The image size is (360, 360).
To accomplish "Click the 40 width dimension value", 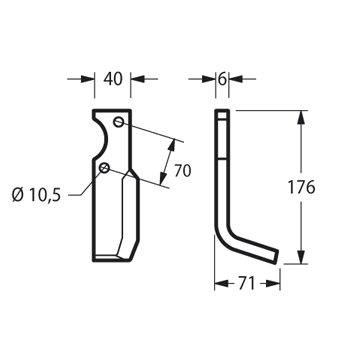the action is (113, 79).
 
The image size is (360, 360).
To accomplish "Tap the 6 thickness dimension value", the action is (222, 79).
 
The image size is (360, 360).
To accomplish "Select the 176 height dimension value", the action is (301, 187).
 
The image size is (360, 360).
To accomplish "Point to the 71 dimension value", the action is (247, 284).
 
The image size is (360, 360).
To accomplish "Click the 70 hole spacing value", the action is (183, 171).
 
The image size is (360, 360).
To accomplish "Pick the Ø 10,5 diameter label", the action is (37, 195).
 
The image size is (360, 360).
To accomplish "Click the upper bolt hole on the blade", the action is (119, 122).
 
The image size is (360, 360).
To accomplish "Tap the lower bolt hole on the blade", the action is (105, 168).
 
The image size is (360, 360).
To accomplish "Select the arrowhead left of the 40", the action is (88, 79).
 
